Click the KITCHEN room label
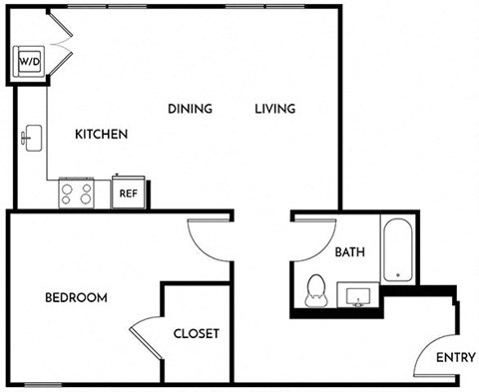101,134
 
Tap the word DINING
190,109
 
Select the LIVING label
275,109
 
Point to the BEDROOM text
76,297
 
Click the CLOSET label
197,333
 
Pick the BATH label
349,252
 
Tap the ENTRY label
456,358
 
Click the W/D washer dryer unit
29,62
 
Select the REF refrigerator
129,193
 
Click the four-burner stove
76,194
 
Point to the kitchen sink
32,138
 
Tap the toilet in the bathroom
316,291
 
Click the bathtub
398,249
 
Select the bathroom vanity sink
358,295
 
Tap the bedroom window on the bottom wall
43,385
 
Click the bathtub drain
398,275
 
